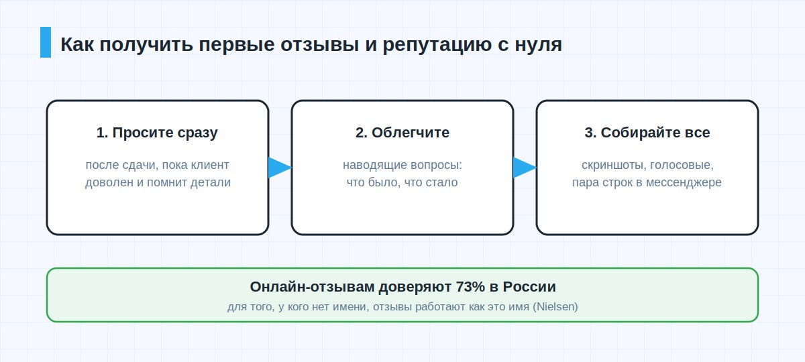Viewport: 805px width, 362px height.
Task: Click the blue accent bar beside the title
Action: (46, 42)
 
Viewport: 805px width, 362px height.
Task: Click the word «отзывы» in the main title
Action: (320, 45)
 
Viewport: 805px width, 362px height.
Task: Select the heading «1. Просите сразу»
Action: (157, 133)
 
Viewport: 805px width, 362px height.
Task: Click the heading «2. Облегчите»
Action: (402, 133)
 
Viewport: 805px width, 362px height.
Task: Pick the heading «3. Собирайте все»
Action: (647, 133)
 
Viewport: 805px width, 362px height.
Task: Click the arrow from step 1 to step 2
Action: (280, 168)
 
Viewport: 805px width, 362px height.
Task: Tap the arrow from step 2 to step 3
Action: (525, 168)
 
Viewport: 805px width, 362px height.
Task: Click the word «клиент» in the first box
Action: (209, 165)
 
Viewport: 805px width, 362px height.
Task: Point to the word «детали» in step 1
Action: (210, 182)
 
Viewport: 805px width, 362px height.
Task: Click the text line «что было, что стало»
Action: (402, 182)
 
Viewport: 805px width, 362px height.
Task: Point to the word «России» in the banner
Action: (529, 287)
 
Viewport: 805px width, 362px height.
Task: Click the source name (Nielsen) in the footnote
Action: (555, 307)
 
